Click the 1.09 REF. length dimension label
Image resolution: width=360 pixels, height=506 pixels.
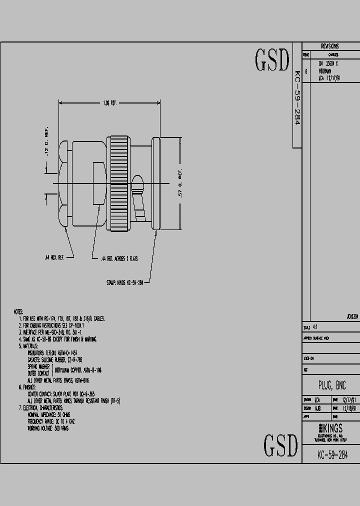[x=109, y=103]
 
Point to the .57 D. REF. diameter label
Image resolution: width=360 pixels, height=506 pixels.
[x=180, y=185]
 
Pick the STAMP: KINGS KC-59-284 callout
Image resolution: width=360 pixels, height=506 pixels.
[x=124, y=282]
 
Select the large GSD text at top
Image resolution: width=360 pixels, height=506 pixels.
[x=272, y=60]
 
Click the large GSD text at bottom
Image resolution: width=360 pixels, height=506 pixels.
[x=280, y=444]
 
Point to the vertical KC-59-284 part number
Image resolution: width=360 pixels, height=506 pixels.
[x=296, y=97]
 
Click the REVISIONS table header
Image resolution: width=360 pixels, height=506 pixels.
[x=329, y=46]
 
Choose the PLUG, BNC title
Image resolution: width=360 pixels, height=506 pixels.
[x=331, y=385]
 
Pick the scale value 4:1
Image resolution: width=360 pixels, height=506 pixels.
[x=315, y=328]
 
